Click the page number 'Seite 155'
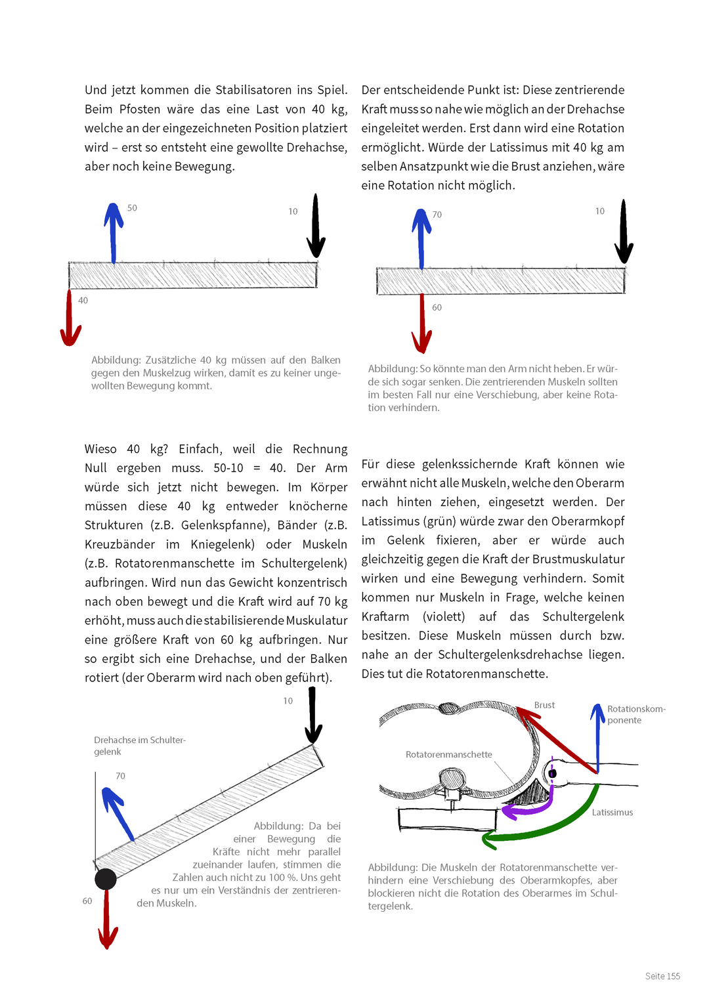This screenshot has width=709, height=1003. pyautogui.click(x=662, y=976)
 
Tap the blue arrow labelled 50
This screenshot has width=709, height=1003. pyautogui.click(x=114, y=233)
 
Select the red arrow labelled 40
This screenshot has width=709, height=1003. pyautogui.click(x=70, y=318)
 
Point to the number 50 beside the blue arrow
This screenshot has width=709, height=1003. pyautogui.click(x=132, y=208)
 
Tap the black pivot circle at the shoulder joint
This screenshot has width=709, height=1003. pyautogui.click(x=106, y=879)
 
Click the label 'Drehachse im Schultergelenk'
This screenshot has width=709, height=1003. pyautogui.click(x=139, y=746)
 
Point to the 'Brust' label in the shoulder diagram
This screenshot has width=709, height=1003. pyautogui.click(x=544, y=705)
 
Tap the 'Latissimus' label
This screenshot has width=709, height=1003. pyautogui.click(x=612, y=813)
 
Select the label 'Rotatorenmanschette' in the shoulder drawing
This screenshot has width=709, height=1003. pyautogui.click(x=448, y=755)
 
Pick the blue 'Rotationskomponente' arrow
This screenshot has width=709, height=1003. pyautogui.click(x=597, y=738)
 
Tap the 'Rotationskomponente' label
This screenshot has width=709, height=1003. pyautogui.click(x=635, y=714)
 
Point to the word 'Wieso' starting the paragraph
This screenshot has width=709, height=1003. pyautogui.click(x=100, y=449)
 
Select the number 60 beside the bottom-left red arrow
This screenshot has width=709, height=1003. pyautogui.click(x=87, y=901)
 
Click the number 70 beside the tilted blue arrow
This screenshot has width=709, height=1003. pyautogui.click(x=120, y=776)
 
